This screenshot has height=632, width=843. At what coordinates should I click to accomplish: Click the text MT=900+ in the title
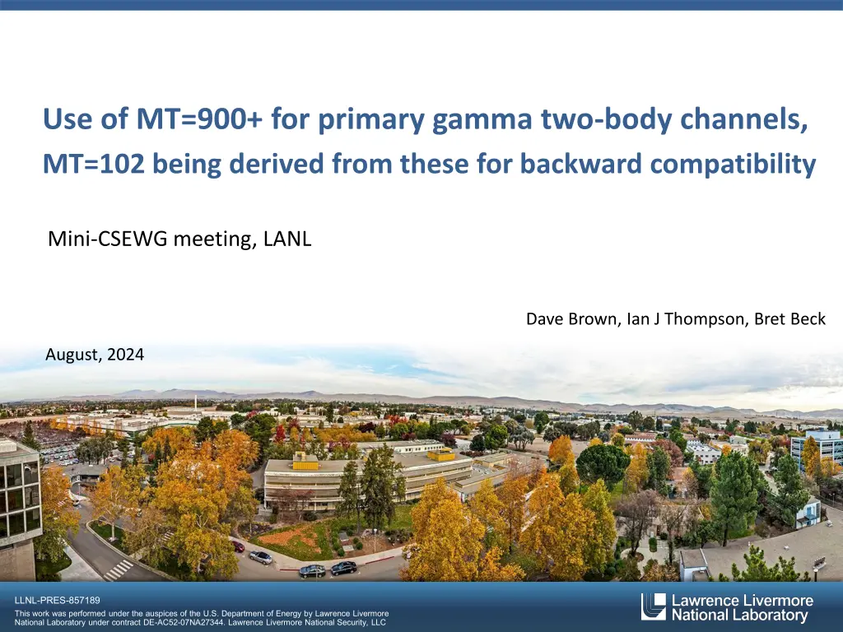click(199, 118)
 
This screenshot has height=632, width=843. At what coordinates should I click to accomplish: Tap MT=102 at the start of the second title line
click(94, 164)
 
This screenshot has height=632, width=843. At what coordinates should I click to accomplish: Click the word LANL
click(287, 239)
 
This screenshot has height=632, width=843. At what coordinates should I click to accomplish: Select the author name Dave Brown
click(571, 319)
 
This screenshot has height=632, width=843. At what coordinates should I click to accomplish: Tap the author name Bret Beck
click(789, 318)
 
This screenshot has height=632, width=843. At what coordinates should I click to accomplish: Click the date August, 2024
click(95, 355)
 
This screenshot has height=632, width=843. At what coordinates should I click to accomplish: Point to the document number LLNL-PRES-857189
click(58, 600)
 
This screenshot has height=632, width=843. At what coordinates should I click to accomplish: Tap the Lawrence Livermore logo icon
click(653, 606)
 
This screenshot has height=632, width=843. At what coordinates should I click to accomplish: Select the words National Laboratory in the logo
click(740, 616)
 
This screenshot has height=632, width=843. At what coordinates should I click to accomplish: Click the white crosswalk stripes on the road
click(119, 569)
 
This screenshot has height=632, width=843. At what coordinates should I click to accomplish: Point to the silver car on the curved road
click(261, 557)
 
